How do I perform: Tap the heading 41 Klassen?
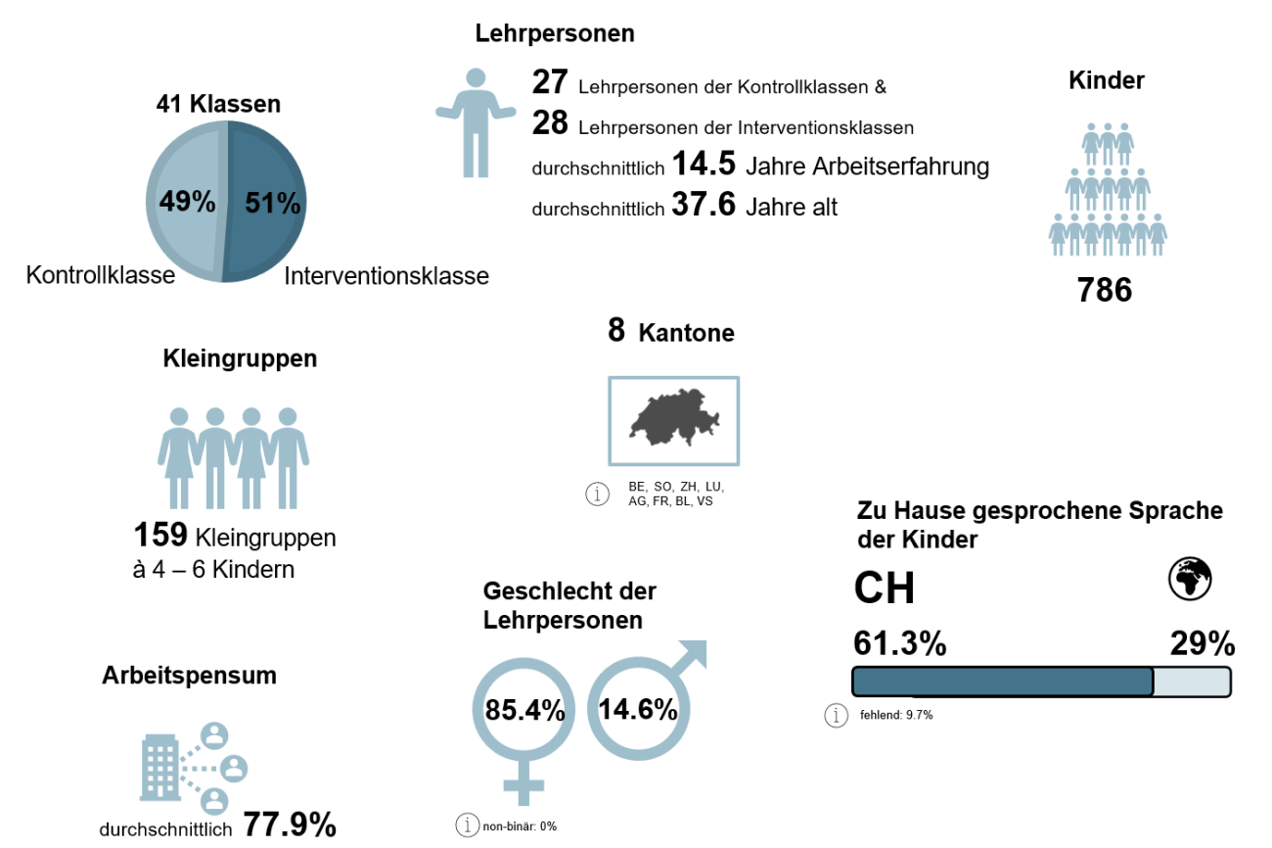tap(218, 105)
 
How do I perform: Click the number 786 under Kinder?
tap(1105, 290)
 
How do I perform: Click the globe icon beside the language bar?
tap(1190, 579)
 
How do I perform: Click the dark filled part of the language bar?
tap(1003, 682)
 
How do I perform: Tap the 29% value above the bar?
tap(1203, 644)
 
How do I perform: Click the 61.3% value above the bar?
tap(899, 644)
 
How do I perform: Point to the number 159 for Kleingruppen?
tap(160, 535)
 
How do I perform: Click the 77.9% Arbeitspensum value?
tap(290, 825)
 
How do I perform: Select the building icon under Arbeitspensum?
tap(159, 769)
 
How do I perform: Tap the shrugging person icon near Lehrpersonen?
tap(476, 122)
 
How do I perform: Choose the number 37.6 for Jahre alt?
tap(703, 207)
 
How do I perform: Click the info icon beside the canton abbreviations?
tap(597, 495)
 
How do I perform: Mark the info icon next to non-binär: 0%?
tap(468, 824)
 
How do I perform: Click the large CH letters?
tap(885, 588)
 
